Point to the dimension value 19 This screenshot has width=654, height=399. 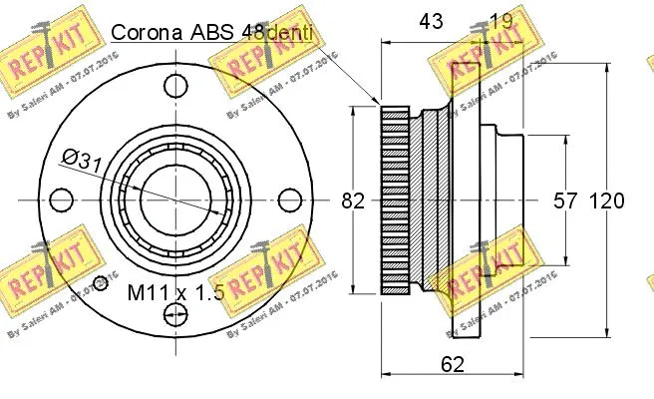(x=502, y=20)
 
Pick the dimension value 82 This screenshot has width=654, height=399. (x=353, y=200)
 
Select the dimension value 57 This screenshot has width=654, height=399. (x=565, y=200)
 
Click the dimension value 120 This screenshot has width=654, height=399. (x=606, y=200)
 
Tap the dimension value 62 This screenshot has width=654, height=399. (x=452, y=365)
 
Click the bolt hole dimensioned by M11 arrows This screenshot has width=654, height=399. (x=175, y=316)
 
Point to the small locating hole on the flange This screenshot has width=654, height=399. (x=100, y=280)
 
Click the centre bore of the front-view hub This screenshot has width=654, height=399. (x=175, y=200)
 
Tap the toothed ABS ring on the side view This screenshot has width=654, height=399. (x=394, y=200)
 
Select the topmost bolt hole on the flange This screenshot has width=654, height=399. (x=175, y=84)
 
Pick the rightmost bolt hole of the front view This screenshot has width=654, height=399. (x=291, y=200)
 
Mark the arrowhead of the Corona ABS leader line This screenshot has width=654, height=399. (x=379, y=103)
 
